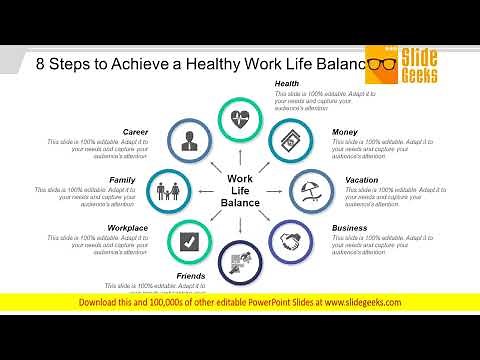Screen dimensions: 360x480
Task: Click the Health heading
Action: pos(287,83)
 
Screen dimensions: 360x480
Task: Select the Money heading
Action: pos(345,131)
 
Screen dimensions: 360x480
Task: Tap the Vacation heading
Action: pos(361,180)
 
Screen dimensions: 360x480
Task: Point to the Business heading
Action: pos(350,228)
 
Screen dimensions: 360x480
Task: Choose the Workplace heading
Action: pos(128,228)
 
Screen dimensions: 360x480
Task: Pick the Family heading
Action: pos(122,180)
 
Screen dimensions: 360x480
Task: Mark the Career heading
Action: pos(136,131)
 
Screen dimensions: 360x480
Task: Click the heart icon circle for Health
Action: pos(241,118)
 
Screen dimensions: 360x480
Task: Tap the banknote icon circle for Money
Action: pos(290,138)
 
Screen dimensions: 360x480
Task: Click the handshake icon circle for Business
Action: pos(291,241)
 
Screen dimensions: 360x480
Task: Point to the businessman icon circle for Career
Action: pos(190,139)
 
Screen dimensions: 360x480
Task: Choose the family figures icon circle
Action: pos(170,189)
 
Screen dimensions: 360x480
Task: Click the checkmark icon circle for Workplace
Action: pos(189,240)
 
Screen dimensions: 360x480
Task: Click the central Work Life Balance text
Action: pos(243,190)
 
